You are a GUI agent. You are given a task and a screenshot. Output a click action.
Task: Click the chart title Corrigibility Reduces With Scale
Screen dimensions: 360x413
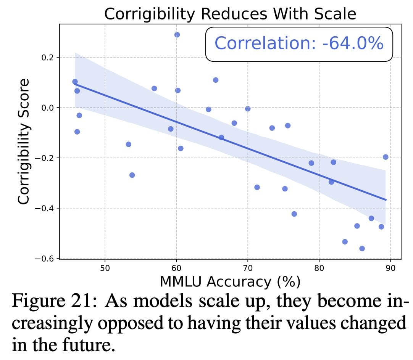click(230, 14)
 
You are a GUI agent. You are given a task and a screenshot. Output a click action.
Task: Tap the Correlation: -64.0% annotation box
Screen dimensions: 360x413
click(299, 43)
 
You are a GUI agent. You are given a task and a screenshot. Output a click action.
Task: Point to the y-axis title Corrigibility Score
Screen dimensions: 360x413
click(24, 141)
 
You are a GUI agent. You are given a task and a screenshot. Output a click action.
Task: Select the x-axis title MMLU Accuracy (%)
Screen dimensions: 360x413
click(230, 281)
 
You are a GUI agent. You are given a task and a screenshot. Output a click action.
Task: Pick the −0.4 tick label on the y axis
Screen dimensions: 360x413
click(45, 208)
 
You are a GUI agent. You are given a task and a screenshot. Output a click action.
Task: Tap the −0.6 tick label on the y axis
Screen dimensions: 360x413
click(45, 259)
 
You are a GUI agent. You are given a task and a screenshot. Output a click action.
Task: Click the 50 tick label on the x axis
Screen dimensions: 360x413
click(105, 268)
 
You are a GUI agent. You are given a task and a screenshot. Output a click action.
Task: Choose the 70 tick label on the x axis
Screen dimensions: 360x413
click(248, 268)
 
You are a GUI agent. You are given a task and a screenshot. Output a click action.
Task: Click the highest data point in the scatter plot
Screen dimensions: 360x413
click(177, 35)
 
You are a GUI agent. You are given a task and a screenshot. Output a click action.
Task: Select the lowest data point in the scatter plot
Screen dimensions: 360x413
click(362, 249)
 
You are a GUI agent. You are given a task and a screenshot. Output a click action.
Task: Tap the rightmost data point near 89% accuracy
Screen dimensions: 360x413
click(386, 157)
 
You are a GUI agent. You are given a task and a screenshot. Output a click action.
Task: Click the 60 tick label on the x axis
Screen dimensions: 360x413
click(176, 268)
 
